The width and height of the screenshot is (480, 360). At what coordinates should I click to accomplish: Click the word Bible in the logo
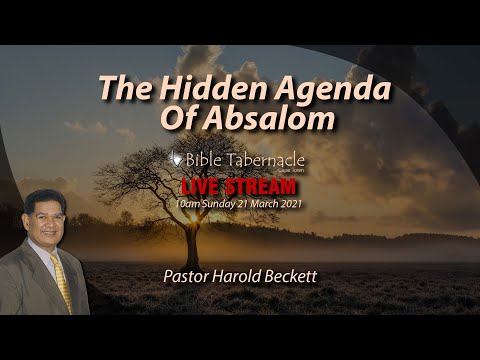[205, 160]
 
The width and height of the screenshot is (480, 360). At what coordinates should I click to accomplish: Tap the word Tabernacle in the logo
[265, 160]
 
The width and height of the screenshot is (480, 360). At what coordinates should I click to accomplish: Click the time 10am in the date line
[187, 203]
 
